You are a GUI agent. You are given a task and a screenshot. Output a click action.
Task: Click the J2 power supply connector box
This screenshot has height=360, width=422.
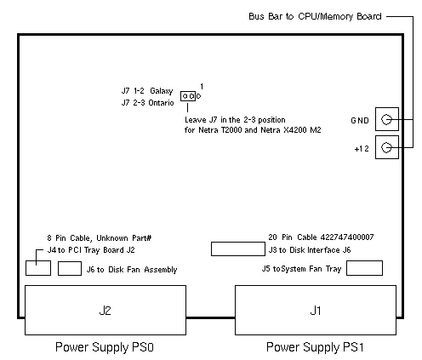[105, 310]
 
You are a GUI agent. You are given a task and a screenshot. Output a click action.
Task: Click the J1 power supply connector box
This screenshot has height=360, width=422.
[316, 310]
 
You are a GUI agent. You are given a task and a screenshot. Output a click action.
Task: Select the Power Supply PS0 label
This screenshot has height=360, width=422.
[105, 347]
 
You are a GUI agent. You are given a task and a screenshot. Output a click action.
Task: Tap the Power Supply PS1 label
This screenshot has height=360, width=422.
[315, 347]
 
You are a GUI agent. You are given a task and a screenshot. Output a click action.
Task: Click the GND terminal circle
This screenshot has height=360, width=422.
[386, 119]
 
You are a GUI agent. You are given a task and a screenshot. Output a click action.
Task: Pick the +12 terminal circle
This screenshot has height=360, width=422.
[386, 147]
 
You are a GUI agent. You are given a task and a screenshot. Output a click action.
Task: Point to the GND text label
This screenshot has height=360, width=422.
[360, 121]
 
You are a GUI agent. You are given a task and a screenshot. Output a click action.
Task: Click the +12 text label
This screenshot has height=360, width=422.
[362, 149]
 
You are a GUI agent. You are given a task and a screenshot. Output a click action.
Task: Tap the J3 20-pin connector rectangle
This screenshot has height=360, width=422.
[238, 249]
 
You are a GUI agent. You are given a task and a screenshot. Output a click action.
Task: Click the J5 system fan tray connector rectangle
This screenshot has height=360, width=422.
[364, 268]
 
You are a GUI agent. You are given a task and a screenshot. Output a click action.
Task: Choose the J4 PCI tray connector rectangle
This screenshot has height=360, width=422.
[38, 268]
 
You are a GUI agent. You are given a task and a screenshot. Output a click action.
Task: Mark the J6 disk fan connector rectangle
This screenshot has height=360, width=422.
[70, 268]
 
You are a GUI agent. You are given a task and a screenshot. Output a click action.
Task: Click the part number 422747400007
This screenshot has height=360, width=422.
[347, 237]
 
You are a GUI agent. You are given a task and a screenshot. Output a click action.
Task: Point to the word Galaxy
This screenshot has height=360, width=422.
[162, 91]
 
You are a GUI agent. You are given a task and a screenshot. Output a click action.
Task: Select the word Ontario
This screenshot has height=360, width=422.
[161, 103]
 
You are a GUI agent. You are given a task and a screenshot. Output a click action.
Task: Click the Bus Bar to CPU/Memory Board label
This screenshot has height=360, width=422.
[315, 16]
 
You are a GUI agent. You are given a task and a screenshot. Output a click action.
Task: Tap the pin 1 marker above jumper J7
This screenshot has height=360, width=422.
[202, 86]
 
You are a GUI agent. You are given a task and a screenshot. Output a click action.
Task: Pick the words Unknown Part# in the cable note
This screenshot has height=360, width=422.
[124, 237]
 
